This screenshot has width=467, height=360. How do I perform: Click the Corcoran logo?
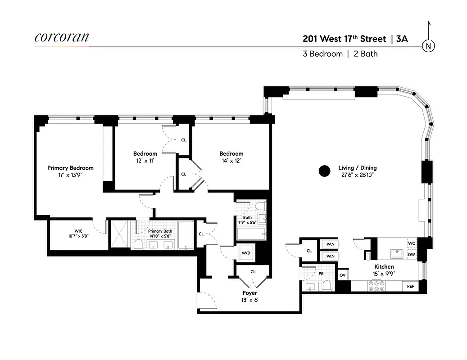tap(61, 38)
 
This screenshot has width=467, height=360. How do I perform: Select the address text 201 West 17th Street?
tap(344, 39)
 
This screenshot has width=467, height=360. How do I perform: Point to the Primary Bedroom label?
tap(70, 168)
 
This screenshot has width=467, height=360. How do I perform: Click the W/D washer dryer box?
tap(246, 252)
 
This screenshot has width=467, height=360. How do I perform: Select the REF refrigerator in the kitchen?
tap(410, 286)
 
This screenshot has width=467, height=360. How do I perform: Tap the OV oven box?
tap(343, 275)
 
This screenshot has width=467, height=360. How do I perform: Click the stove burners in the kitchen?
tap(375, 286)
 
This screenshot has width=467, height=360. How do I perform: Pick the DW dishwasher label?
tap(411, 255)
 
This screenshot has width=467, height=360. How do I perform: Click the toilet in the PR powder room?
tap(327, 285)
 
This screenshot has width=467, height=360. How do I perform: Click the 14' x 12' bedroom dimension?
tap(231, 161)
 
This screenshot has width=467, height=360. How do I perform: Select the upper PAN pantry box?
tap(331, 244)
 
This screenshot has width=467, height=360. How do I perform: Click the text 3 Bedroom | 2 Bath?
tap(340, 54)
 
